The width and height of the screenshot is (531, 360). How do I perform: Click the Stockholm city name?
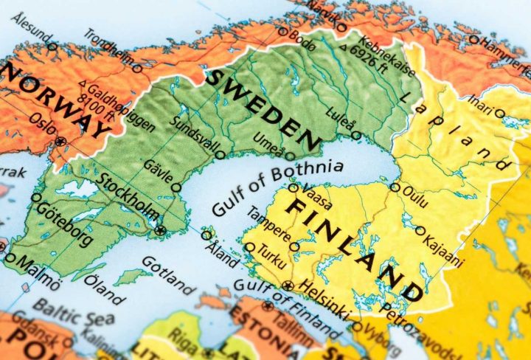[128, 198]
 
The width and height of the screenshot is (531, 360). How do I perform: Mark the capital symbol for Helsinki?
[288, 285]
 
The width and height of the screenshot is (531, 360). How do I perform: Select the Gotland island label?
[168, 274]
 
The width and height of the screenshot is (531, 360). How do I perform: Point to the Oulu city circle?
[395, 187]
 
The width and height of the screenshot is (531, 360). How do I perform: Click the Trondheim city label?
[108, 49]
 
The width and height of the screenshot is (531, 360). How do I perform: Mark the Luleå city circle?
[357, 135]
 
